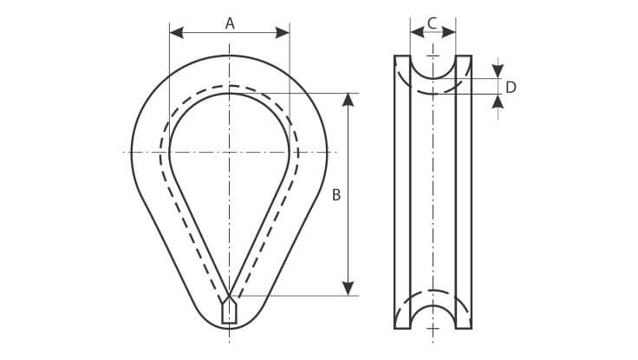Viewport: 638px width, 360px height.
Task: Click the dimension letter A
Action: coord(230,23)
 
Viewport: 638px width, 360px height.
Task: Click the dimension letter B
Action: coord(336,195)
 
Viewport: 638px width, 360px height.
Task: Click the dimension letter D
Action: coord(511,87)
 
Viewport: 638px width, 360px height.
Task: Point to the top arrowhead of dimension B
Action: coord(348,99)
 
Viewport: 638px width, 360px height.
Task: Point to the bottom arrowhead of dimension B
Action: coord(348,288)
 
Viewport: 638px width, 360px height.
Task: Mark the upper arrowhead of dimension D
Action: coord(498,69)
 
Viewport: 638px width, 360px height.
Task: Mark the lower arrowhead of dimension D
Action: coord(498,101)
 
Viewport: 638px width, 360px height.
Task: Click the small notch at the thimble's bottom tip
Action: coord(229,310)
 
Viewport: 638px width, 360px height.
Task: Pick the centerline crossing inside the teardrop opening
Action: coord(230,153)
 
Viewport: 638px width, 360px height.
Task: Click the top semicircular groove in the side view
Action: coord(433,66)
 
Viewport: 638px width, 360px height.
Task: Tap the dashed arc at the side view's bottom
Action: coord(433,291)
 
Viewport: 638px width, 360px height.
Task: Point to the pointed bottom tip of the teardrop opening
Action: coord(230,291)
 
